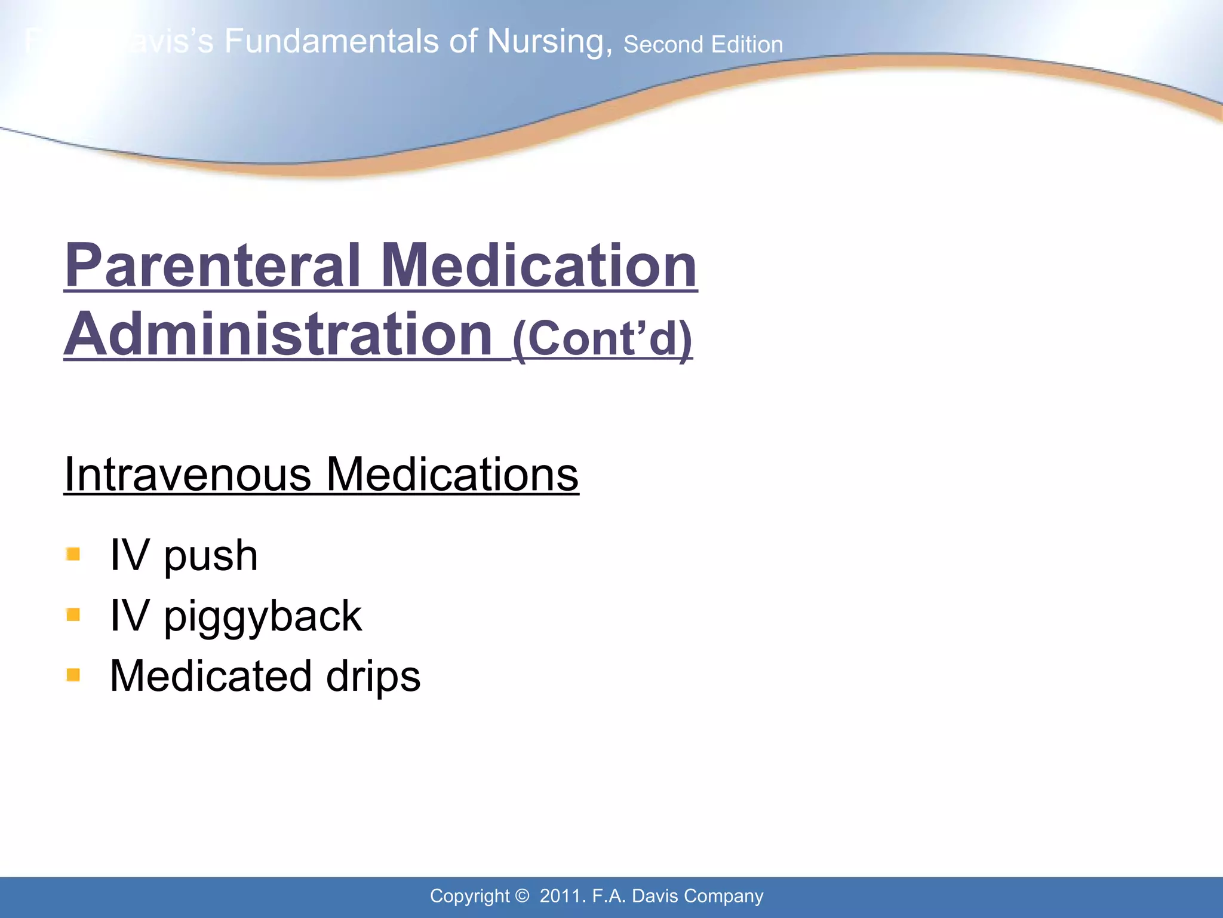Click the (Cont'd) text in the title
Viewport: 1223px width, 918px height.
click(x=602, y=338)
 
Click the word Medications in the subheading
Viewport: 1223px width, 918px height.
click(x=453, y=475)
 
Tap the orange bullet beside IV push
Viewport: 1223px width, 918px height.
click(x=73, y=555)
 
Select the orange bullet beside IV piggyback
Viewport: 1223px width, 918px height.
click(x=73, y=614)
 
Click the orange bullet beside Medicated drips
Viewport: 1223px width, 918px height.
click(x=73, y=675)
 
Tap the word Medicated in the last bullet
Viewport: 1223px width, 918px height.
click(x=211, y=676)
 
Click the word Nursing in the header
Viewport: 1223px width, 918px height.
click(x=549, y=42)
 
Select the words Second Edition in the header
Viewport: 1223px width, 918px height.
click(x=703, y=45)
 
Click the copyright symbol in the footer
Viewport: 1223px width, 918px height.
click(x=522, y=896)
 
